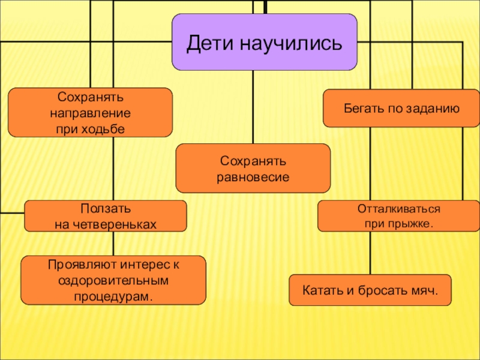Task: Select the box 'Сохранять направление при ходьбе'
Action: [90, 113]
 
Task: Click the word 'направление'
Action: [90, 112]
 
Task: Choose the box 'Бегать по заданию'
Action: [401, 109]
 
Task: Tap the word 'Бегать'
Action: [362, 109]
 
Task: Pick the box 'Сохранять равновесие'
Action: [253, 169]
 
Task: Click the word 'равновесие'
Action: [253, 177]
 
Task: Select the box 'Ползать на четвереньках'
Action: [105, 216]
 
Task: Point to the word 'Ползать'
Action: [105, 208]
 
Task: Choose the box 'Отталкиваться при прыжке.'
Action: [399, 216]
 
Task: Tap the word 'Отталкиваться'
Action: [399, 209]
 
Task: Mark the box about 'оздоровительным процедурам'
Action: [113, 280]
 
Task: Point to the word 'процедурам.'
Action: [113, 296]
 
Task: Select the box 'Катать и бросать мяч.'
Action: [370, 291]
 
